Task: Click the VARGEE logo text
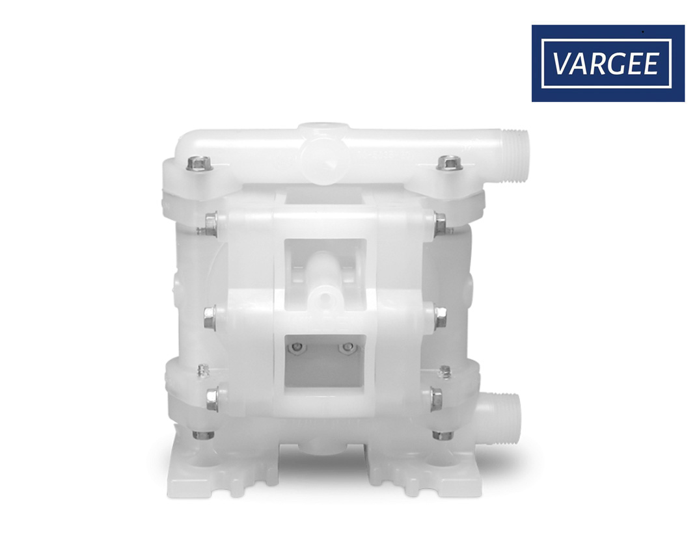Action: [x=605, y=64]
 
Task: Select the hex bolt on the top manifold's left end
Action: [x=199, y=163]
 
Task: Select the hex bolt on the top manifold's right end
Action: [x=450, y=163]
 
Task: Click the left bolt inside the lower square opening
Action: [x=297, y=347]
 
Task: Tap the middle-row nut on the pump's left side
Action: [x=210, y=317]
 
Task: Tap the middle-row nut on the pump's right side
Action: [x=440, y=317]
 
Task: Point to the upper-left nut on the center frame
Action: [x=211, y=224]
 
